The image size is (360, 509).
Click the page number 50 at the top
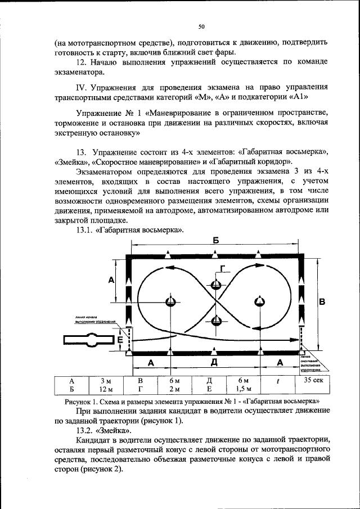(x=201, y=26)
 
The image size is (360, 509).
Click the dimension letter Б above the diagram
(x=215, y=240)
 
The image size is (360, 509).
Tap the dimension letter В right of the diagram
(x=322, y=302)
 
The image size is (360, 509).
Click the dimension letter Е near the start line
(x=120, y=340)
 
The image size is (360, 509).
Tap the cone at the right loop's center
(x=259, y=301)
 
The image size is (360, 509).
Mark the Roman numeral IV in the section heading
(x=80, y=88)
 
